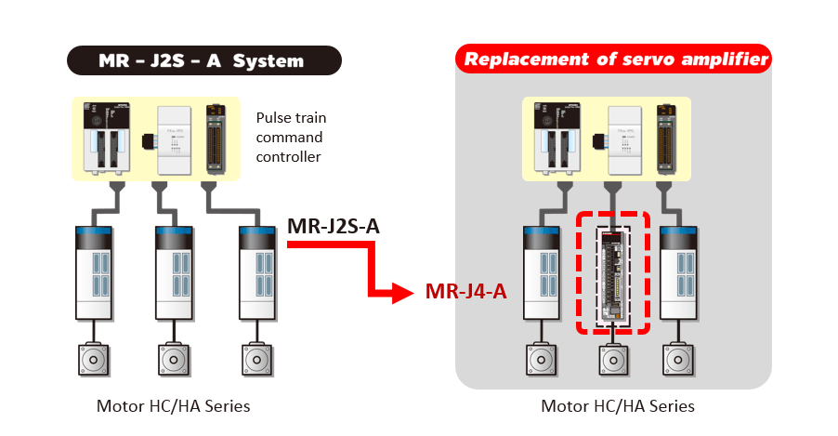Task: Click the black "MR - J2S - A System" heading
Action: click(x=202, y=61)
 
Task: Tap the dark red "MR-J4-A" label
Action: click(x=465, y=292)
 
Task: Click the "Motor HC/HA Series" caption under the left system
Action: click(x=173, y=406)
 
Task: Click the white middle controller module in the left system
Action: click(x=175, y=139)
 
